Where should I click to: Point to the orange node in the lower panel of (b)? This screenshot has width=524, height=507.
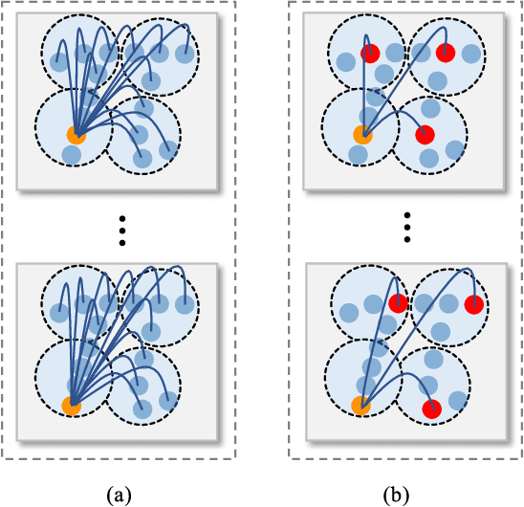360,406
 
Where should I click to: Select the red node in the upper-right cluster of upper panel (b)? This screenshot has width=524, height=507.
445,53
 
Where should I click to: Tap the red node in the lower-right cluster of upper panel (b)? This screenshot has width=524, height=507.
426,135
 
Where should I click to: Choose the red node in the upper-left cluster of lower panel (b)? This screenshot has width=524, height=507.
399,304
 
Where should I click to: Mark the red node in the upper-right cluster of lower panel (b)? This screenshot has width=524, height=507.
473,304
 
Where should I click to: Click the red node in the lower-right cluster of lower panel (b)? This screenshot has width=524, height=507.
431,408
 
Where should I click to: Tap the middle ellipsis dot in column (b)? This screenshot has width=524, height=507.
406,230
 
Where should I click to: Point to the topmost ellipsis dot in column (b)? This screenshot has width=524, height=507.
406,218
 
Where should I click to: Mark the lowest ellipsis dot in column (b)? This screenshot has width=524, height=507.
406,241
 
